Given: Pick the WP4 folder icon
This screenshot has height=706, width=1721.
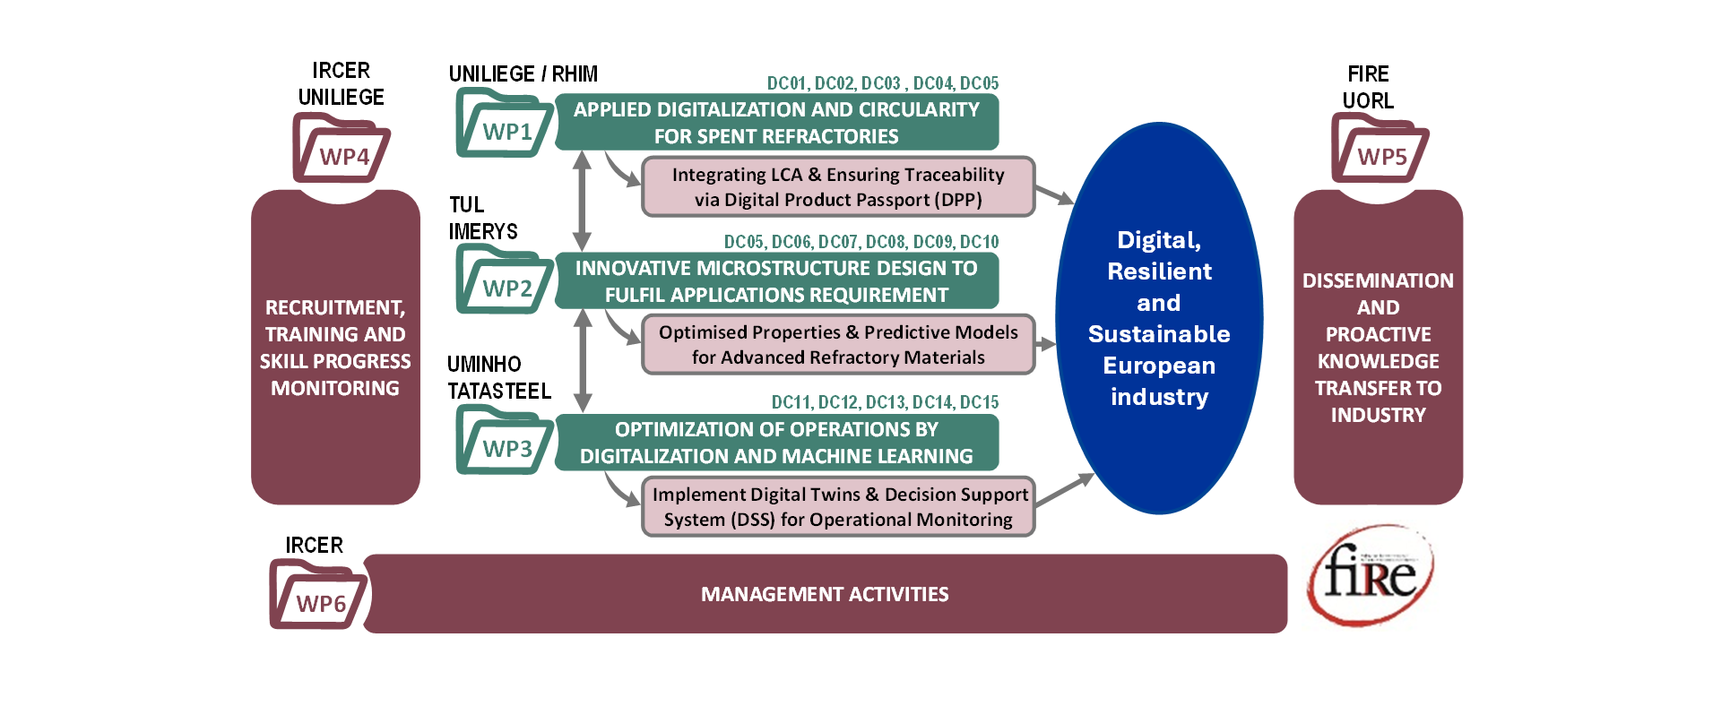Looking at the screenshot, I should pos(341,150).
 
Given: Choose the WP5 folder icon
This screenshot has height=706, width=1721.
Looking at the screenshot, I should pos(1379,150).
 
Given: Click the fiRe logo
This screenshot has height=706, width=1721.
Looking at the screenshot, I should pos(1371,573).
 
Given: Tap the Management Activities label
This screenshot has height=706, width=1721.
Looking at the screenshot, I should pos(825,594).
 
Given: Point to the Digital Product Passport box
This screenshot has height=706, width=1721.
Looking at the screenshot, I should pos(838,187).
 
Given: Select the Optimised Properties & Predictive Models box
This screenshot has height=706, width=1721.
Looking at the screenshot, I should pos(838,345).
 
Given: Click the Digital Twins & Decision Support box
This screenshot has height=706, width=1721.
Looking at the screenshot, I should pos(838,507).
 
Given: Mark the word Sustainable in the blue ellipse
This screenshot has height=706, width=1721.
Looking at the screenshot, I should pos(1159,334).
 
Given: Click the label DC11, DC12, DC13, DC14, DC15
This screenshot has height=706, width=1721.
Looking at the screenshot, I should pos(885,402).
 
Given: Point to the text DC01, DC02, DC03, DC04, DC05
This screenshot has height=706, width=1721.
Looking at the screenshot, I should pos(882,83).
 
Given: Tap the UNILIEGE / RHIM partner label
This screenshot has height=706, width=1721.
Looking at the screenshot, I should pos(523,73).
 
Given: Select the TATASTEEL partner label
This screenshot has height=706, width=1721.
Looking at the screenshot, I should pos(499,391).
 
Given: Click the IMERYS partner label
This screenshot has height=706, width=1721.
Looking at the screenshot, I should pos(483,231).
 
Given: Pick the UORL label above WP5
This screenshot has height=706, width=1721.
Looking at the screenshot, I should pos(1368,100).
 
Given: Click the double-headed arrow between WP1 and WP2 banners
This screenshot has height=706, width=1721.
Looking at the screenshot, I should pos(582,201).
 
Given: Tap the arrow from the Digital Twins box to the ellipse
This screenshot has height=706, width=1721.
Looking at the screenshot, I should pos(1064,491).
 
